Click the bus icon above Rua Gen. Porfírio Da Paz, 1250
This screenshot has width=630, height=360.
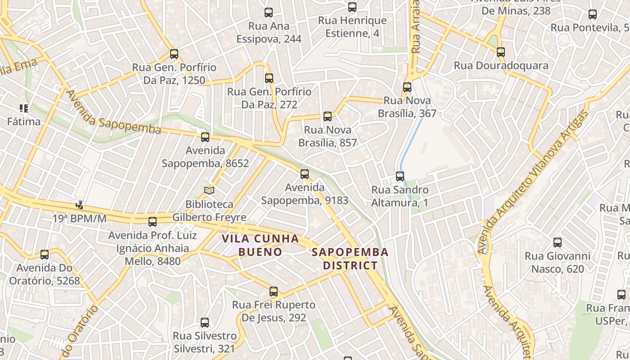[x=174, y=54]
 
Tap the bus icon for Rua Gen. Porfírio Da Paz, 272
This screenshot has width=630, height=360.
[x=269, y=78]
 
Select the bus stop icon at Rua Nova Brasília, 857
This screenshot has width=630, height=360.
[x=328, y=117]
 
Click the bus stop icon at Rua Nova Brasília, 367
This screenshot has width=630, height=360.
[x=407, y=87]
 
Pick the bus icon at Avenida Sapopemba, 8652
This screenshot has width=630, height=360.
[x=205, y=137]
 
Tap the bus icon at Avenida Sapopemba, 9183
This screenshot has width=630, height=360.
[x=305, y=174]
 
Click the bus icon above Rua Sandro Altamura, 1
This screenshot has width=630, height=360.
[x=400, y=176]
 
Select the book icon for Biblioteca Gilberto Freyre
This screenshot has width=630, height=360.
[x=209, y=191]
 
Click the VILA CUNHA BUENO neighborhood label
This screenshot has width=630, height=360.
[x=261, y=245]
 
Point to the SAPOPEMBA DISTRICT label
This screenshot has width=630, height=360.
[x=350, y=259]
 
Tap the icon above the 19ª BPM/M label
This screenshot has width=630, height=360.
[x=80, y=205]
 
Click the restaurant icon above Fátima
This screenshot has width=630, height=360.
[x=24, y=108]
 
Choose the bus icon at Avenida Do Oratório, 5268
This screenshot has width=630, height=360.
[x=45, y=255]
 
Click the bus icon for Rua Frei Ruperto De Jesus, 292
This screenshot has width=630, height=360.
[x=274, y=292]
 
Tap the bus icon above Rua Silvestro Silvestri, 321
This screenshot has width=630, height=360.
[x=205, y=323]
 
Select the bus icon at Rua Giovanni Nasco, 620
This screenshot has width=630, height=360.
[x=558, y=243]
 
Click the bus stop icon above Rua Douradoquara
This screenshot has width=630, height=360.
[x=501, y=52]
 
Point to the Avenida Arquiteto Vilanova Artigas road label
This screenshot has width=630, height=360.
[x=534, y=182]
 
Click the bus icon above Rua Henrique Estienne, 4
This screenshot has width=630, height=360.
[x=352, y=7]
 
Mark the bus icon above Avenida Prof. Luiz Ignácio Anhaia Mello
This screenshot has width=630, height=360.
[x=153, y=221]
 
